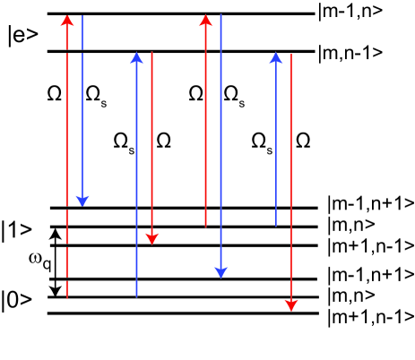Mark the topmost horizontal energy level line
(179, 14)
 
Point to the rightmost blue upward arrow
(276, 134)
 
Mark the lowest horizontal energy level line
(179, 313)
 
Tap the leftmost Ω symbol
(52, 91)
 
